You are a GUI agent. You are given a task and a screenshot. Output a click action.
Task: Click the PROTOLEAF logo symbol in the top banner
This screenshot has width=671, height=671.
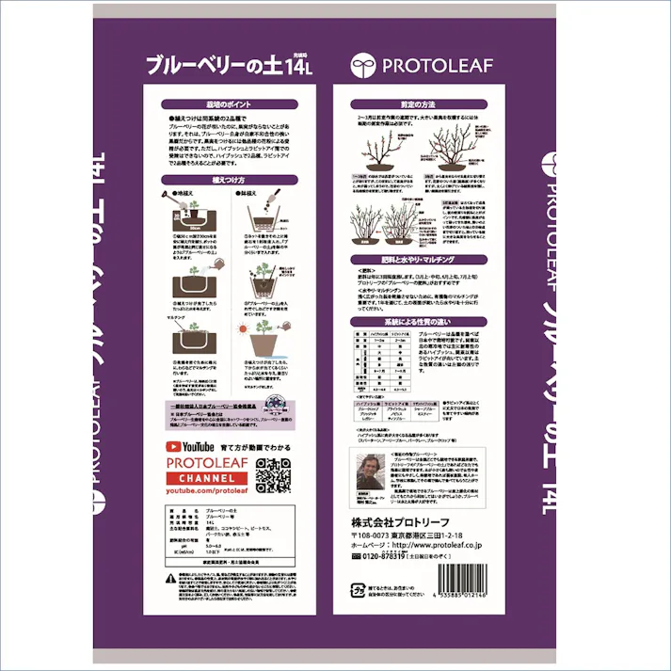click(x=363, y=65)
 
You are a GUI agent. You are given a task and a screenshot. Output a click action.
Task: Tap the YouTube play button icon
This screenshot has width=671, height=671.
click(x=172, y=446)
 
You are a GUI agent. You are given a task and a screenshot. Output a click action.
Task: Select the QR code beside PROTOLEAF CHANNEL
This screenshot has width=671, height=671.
click(x=273, y=472)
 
